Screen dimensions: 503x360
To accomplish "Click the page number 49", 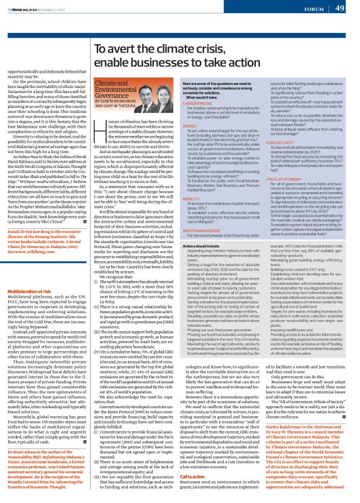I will coord(341,8).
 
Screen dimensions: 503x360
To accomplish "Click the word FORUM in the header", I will coord(308,9).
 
